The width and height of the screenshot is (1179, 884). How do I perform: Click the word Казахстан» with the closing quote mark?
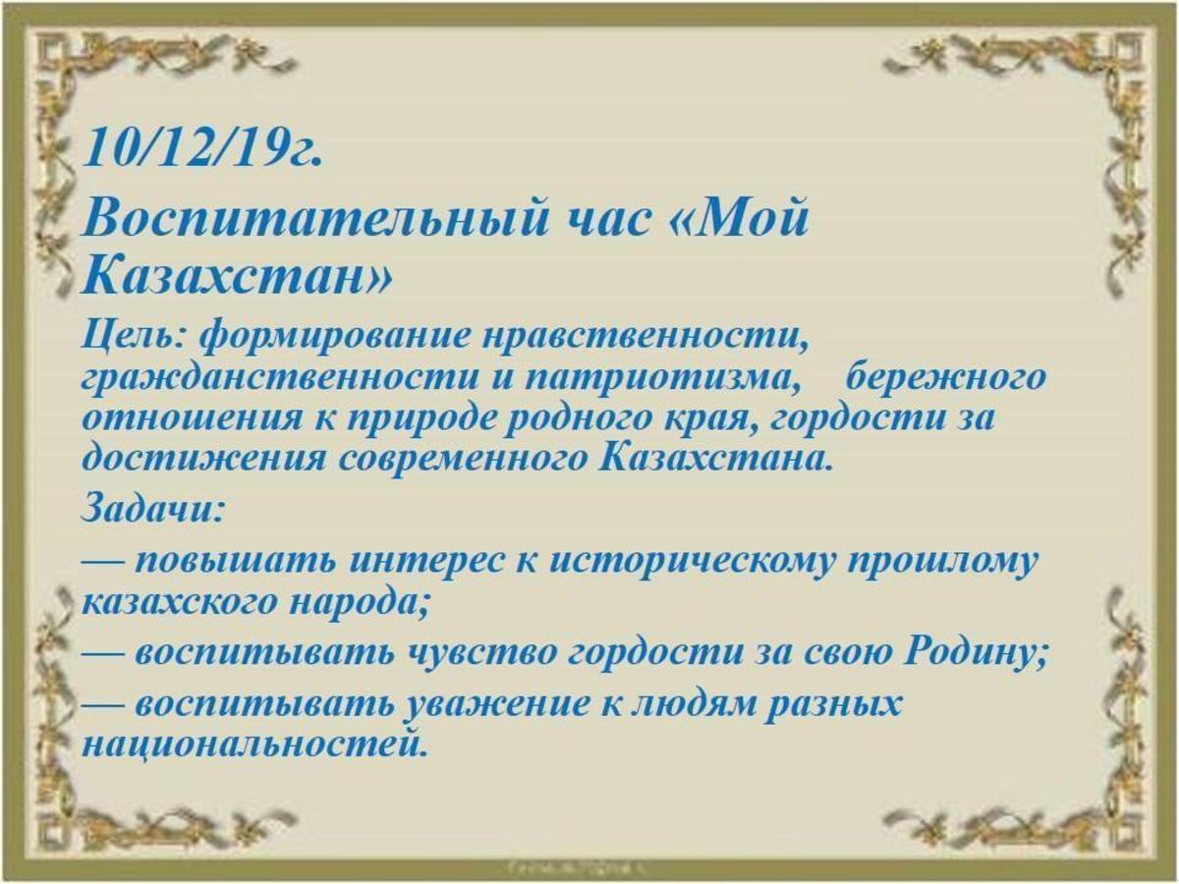[237, 278]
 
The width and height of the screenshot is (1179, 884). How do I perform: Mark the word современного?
[464, 457]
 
